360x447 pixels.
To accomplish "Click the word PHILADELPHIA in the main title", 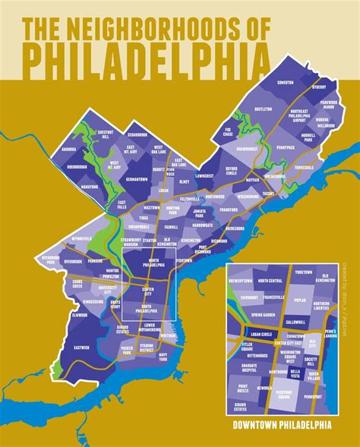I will [145, 56].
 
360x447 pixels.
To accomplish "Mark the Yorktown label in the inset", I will [303, 272].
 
